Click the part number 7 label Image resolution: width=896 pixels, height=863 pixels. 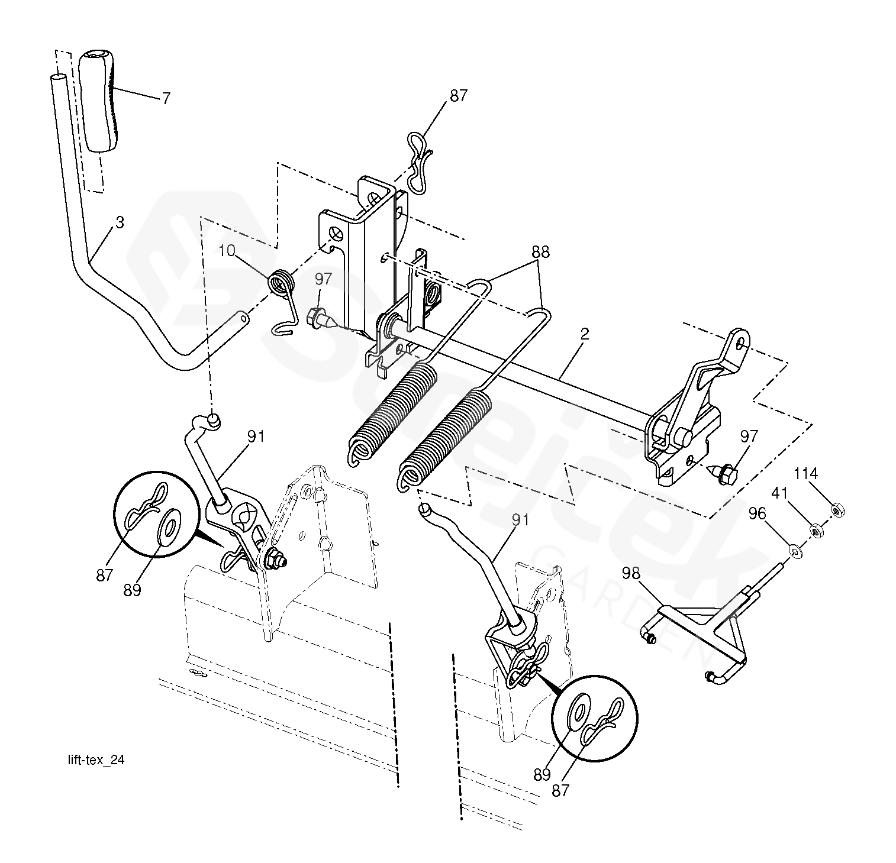tap(166, 98)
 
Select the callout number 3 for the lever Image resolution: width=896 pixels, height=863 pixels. tap(120, 223)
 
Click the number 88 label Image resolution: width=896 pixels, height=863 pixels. tap(540, 253)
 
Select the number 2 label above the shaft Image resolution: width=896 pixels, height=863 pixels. tap(585, 334)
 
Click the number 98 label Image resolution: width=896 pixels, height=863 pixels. tap(631, 572)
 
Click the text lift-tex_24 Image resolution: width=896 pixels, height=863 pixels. tap(96, 761)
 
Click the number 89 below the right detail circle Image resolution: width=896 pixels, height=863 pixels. tap(542, 774)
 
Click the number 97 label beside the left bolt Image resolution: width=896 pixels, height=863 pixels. tap(323, 279)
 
